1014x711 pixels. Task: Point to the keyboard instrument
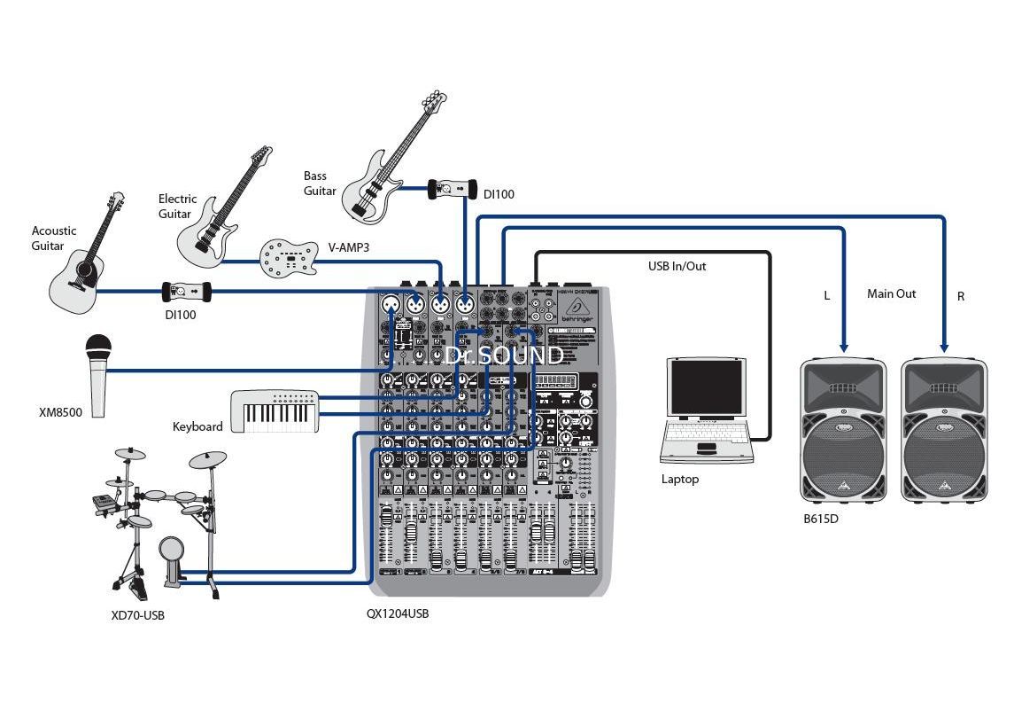pyautogui.click(x=275, y=411)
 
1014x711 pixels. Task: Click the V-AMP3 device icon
pyautogui.click(x=288, y=256)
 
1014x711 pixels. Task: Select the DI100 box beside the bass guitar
pyautogui.click(x=451, y=188)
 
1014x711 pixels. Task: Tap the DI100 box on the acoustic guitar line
pyautogui.click(x=186, y=291)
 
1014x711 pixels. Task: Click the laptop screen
pyautogui.click(x=706, y=388)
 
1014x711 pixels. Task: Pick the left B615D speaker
pyautogui.click(x=842, y=431)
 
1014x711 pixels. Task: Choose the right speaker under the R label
pyautogui.click(x=944, y=431)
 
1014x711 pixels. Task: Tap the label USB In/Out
pyautogui.click(x=677, y=266)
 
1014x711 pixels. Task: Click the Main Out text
pyautogui.click(x=891, y=293)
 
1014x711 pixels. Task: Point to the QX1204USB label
pyautogui.click(x=398, y=613)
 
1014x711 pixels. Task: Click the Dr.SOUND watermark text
pyautogui.click(x=503, y=355)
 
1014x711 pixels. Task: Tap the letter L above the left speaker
pyautogui.click(x=827, y=296)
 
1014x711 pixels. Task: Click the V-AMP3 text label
pyautogui.click(x=348, y=248)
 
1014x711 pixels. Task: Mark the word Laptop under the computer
pyautogui.click(x=680, y=479)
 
